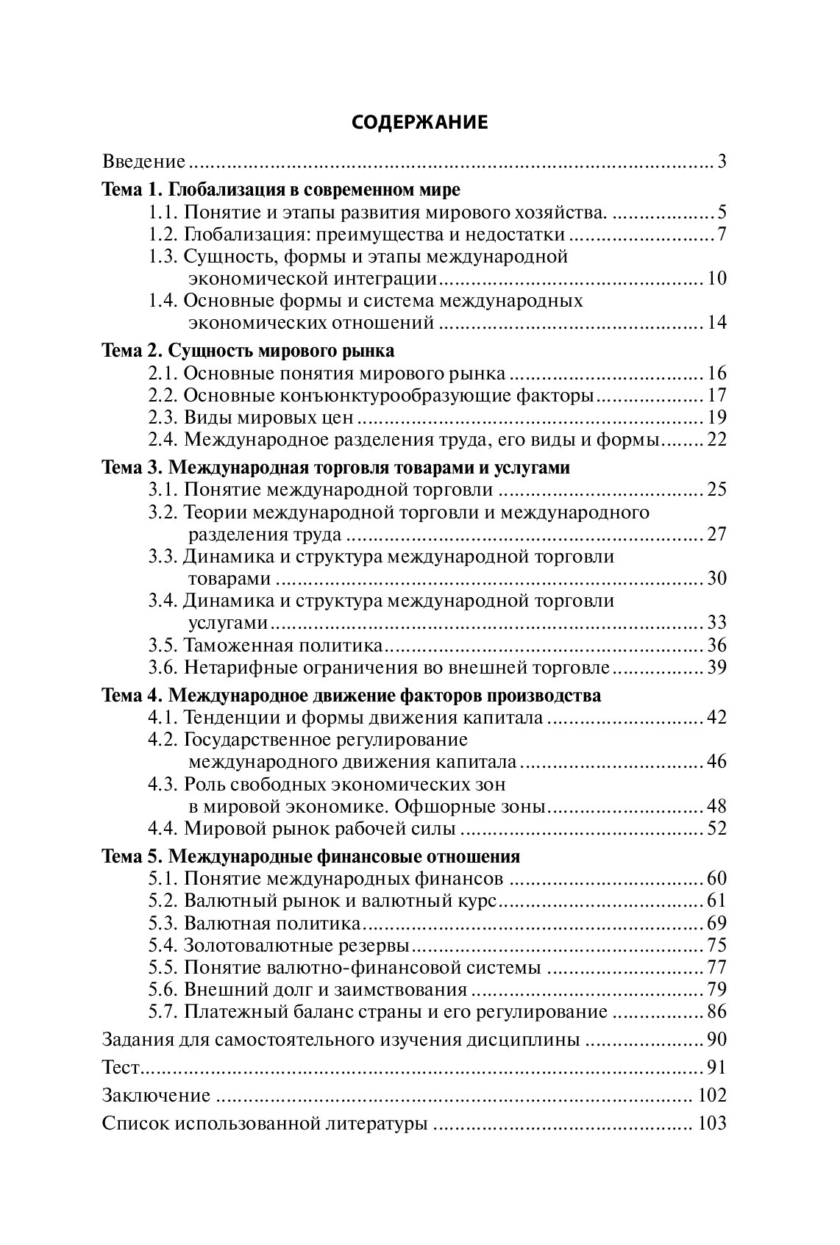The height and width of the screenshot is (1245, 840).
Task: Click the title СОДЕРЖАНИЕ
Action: coord(419,122)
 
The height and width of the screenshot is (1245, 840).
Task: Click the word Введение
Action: coord(143,162)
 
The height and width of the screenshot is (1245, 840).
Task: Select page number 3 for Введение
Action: coord(722,162)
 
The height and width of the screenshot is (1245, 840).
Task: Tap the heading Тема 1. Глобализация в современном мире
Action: coord(280,190)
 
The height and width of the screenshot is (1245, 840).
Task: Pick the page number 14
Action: coord(716,322)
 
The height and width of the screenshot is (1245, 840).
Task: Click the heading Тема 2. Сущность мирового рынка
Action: coord(248,350)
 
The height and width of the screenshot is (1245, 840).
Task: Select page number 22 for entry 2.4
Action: coord(716,440)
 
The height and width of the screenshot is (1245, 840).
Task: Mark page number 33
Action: coord(716,623)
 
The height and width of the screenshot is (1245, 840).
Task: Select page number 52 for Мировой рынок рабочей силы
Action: coord(716,829)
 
